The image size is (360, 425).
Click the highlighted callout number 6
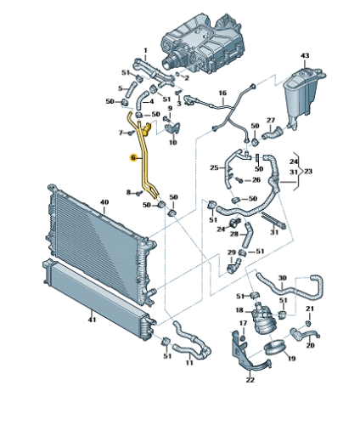133,158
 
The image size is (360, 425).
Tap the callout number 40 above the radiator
104,202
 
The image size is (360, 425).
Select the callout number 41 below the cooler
92,320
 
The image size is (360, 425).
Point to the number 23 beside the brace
308,172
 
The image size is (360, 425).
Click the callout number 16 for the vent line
222,93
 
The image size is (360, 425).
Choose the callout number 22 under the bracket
250,380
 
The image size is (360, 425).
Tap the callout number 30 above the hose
283,278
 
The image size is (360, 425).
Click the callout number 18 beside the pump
239,310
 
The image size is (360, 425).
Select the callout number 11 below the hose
189,362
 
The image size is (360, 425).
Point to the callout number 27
271,121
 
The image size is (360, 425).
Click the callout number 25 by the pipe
214,167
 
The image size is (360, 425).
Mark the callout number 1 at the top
145,50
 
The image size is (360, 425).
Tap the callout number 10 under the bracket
172,142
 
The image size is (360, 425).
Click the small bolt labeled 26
240,180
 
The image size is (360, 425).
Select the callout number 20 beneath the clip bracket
310,345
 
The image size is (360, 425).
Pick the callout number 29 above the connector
232,252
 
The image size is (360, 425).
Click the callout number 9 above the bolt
170,108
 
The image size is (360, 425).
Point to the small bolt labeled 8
139,193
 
